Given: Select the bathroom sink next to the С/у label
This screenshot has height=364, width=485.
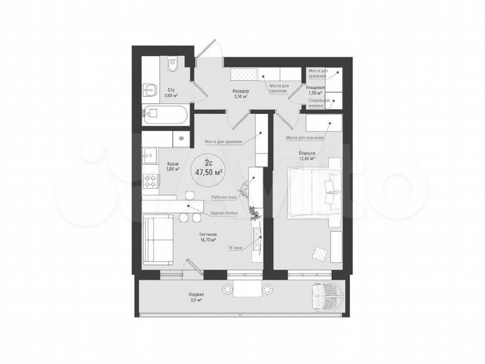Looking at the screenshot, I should coord(150,88).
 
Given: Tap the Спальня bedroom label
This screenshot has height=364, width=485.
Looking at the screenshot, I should coord(308,154).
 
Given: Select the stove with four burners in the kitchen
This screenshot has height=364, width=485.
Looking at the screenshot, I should coord(148,181).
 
